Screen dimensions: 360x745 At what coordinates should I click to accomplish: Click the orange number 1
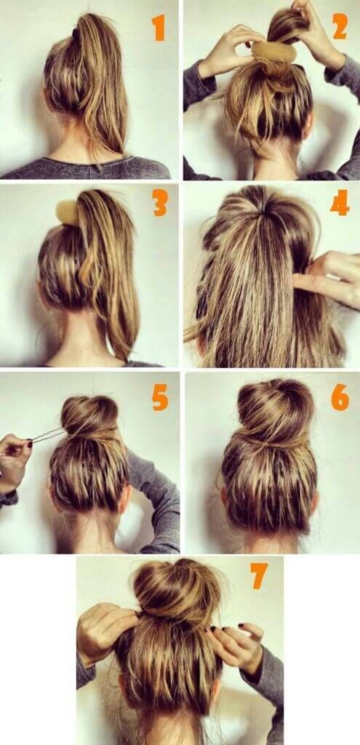(x=159, y=28)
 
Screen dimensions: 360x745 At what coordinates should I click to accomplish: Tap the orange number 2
(x=340, y=26)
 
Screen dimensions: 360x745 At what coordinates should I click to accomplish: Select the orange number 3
(x=160, y=203)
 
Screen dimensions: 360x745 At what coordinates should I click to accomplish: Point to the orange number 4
(x=340, y=202)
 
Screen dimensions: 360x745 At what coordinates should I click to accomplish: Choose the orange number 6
(x=340, y=397)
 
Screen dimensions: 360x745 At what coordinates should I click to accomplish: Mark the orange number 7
(x=260, y=576)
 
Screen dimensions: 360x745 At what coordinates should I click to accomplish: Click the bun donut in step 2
(x=274, y=52)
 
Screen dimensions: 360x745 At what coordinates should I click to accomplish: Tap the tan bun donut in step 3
(x=68, y=212)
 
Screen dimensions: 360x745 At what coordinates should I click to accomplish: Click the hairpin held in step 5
(x=47, y=435)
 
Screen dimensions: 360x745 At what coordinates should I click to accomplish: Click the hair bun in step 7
(x=177, y=591)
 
